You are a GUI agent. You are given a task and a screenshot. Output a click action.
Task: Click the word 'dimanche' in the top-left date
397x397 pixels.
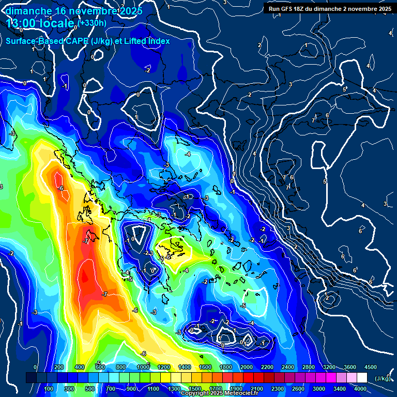point(28,10)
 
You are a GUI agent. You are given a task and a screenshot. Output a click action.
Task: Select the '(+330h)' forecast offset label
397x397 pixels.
point(93,23)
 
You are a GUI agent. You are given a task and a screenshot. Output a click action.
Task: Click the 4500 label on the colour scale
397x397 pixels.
point(371,367)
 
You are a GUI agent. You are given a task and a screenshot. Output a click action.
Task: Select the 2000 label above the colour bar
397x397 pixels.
point(247,367)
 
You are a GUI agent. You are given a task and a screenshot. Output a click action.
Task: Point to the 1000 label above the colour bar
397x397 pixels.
point(143,367)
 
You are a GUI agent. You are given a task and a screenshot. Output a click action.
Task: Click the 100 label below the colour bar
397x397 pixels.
point(50,389)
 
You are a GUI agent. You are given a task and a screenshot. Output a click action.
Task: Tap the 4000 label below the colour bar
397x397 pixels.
point(360,389)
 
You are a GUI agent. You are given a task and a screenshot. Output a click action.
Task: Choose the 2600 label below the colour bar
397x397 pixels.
point(298,389)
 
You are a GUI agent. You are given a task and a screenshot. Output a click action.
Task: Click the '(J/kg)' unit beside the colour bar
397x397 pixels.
point(383,378)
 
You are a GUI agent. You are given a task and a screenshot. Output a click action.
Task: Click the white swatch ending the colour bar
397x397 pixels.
point(362,378)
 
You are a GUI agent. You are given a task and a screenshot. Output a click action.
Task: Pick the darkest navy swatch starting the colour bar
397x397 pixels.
point(31,378)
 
